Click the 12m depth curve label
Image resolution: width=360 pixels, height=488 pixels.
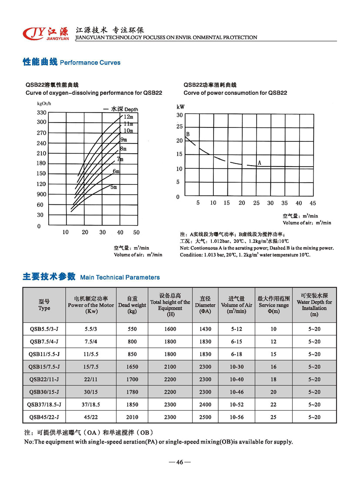click(x=128, y=117)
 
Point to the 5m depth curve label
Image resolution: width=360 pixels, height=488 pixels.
click(x=113, y=187)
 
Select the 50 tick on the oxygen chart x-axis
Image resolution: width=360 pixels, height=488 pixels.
click(x=137, y=232)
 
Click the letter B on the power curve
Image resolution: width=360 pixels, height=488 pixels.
click(x=188, y=134)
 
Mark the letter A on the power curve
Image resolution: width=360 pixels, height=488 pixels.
click(x=259, y=163)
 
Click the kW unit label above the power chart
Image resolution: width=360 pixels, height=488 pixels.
click(x=181, y=107)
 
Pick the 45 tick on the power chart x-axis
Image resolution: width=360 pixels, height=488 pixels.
click(x=313, y=203)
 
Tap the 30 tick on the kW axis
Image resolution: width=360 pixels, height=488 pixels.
click(x=179, y=115)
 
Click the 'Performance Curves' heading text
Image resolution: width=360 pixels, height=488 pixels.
click(x=90, y=63)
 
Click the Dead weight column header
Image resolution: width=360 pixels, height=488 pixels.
click(x=132, y=305)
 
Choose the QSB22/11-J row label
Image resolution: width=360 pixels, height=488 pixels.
click(x=44, y=379)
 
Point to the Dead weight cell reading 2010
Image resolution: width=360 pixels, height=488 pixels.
click(x=132, y=417)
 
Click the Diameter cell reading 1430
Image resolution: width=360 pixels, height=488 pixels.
click(x=205, y=329)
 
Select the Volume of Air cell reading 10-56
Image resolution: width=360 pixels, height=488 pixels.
click(x=237, y=417)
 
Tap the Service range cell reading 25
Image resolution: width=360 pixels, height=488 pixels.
click(x=273, y=417)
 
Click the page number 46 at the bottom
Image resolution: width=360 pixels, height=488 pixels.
click(x=179, y=462)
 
